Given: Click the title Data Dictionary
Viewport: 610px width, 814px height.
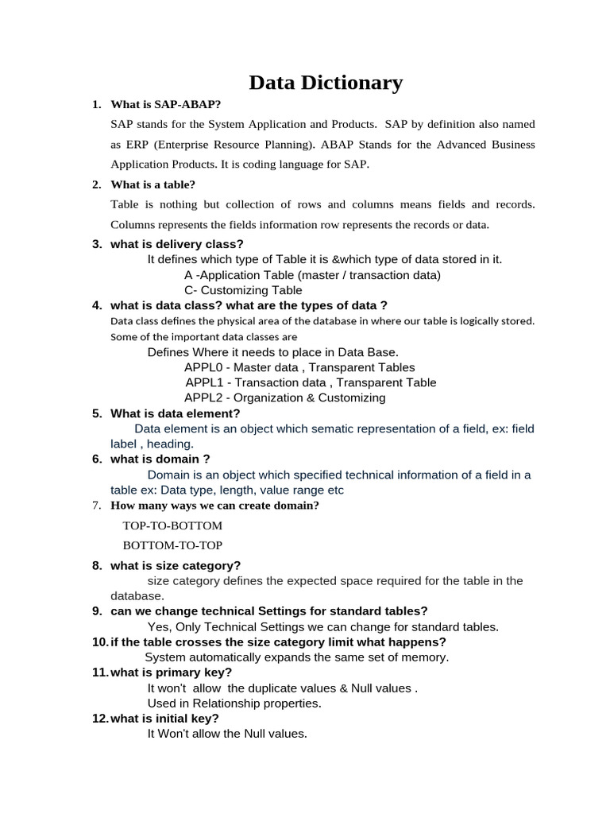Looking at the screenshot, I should click(x=326, y=83).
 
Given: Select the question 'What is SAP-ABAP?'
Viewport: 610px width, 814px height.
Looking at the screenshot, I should click(x=166, y=104).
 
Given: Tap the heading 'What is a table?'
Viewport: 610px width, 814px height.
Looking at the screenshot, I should click(x=152, y=184).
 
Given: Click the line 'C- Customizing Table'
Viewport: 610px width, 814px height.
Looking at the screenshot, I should click(x=243, y=290).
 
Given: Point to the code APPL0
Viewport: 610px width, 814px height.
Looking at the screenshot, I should click(x=204, y=367).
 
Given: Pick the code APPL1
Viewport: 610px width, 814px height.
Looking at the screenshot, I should click(x=205, y=382).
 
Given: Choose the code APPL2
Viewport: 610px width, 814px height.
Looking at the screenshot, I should click(x=204, y=397).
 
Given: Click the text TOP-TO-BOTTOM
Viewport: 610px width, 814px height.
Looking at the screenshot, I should click(x=172, y=525).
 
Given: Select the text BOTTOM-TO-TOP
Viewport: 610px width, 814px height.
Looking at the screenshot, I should click(x=172, y=545).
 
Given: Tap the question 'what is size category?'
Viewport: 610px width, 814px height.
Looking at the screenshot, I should click(x=176, y=565).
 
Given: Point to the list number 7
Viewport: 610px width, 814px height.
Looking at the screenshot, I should click(x=96, y=506).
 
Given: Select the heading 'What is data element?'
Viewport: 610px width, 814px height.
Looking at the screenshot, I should click(x=175, y=413).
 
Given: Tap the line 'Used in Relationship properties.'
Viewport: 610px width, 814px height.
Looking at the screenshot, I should click(x=234, y=704).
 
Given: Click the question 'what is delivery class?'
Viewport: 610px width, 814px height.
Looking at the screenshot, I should click(x=177, y=244).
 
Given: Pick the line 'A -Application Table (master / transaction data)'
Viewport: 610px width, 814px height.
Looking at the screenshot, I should click(x=312, y=275).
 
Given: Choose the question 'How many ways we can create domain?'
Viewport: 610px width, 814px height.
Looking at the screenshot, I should click(x=214, y=506).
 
